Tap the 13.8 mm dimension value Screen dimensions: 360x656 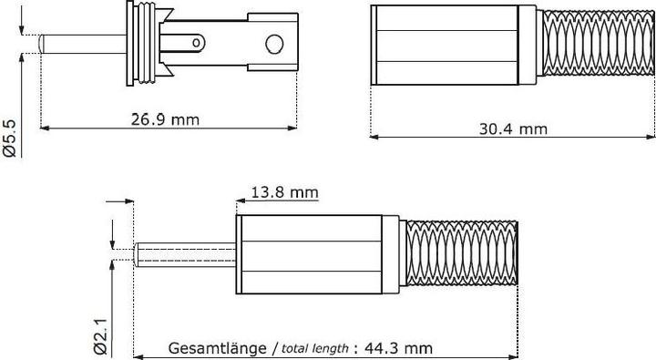[x=285, y=191]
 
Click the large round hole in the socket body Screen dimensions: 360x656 [x=273, y=45]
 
